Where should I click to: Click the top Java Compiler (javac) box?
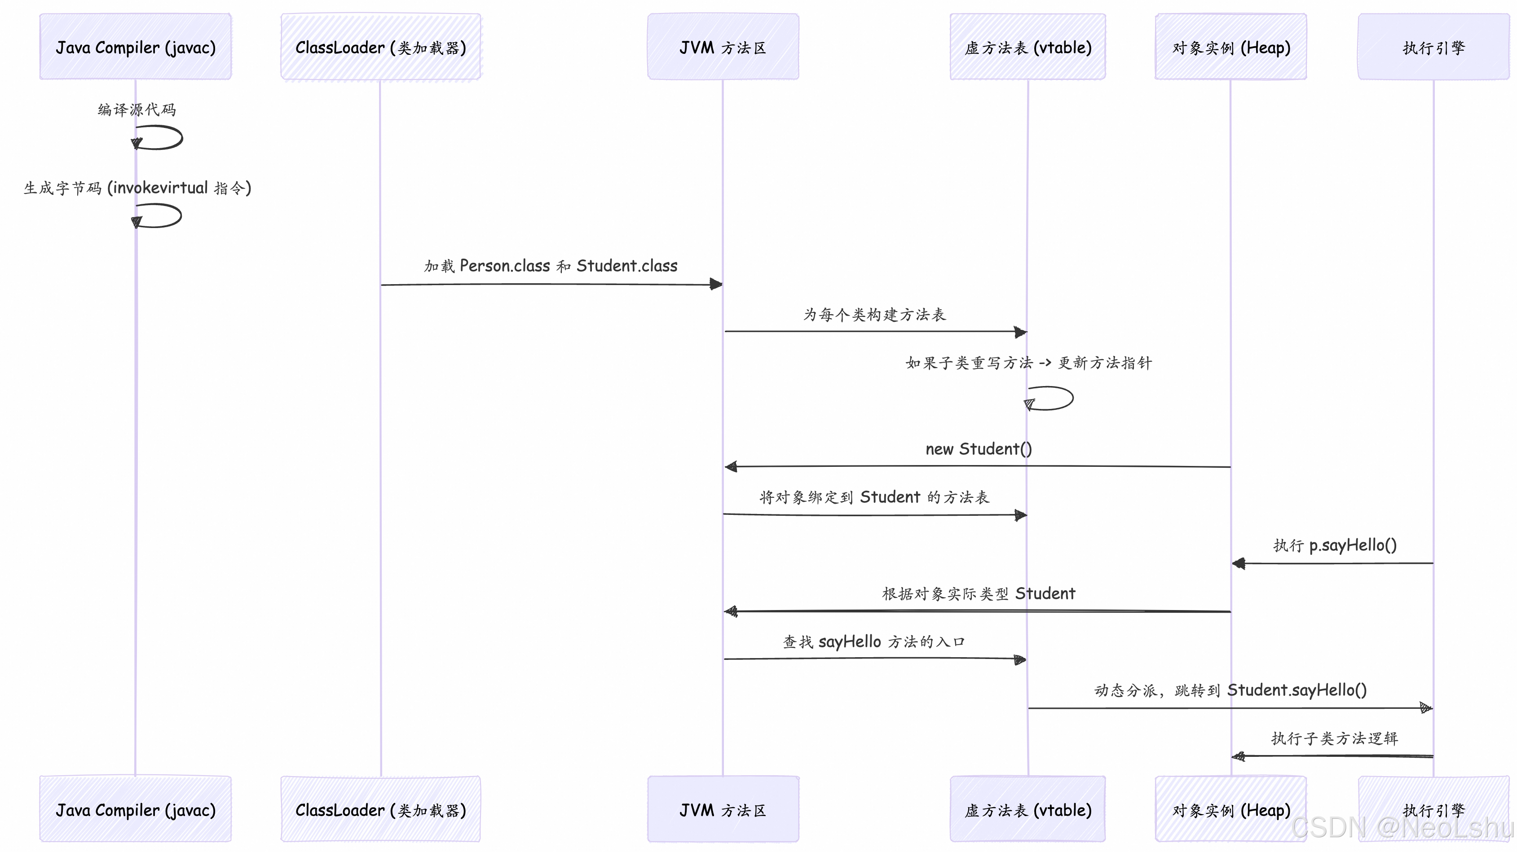click(136, 47)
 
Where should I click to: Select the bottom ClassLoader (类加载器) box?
click(380, 810)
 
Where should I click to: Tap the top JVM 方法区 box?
click(723, 47)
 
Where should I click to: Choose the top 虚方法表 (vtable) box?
click(1028, 47)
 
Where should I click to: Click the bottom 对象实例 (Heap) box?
click(1231, 810)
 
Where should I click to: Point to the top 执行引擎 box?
click(1433, 47)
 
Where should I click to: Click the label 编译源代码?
click(137, 110)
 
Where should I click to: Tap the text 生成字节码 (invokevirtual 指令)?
click(137, 188)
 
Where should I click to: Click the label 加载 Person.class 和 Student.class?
click(551, 266)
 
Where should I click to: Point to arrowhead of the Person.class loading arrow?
click(716, 285)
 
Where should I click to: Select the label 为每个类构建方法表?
click(874, 314)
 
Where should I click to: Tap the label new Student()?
click(978, 448)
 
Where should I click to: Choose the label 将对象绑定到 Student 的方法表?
click(874, 497)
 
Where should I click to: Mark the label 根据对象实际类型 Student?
click(978, 593)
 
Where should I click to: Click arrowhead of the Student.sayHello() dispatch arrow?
click(1426, 708)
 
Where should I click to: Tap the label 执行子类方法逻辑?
click(1334, 738)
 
